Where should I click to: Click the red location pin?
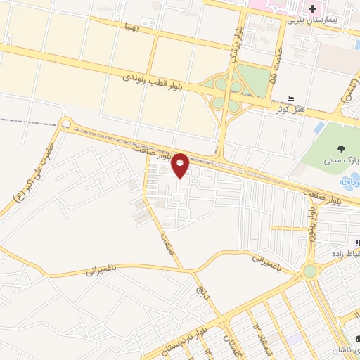[180, 165]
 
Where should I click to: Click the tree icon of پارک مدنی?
[341, 148]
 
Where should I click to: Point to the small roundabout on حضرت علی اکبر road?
[66, 125]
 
